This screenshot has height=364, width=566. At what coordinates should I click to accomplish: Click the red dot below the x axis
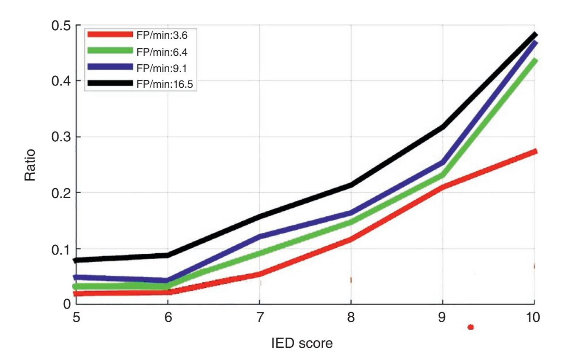[x=470, y=327]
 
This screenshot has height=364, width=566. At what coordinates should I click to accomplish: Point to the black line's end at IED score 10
[x=535, y=35]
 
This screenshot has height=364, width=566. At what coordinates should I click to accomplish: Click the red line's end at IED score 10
[x=535, y=151]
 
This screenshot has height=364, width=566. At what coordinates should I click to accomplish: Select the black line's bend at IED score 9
[x=442, y=127]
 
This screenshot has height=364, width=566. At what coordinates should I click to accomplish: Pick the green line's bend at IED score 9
[x=442, y=175]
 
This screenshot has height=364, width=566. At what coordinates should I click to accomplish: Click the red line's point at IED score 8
[x=351, y=240]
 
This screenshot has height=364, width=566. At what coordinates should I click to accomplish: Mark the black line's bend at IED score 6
[x=168, y=255]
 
